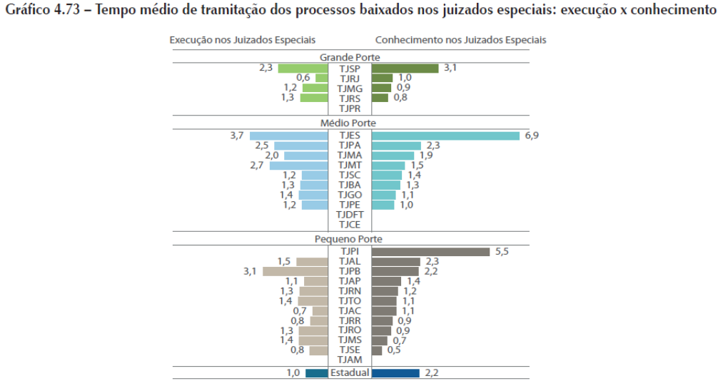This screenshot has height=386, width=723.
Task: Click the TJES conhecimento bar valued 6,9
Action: click(x=445, y=136)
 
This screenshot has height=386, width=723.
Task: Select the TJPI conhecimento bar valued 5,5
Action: click(x=430, y=252)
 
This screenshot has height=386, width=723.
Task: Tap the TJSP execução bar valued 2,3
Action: click(x=302, y=68)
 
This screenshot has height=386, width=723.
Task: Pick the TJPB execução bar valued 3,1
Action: click(x=295, y=271)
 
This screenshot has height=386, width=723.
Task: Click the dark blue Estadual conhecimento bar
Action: click(x=395, y=372)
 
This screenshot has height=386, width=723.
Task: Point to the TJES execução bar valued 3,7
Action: click(x=288, y=136)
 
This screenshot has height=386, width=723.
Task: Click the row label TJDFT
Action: click(x=350, y=215)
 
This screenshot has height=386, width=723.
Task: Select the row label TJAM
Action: click(x=350, y=360)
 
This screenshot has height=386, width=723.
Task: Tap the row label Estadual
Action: click(x=350, y=372)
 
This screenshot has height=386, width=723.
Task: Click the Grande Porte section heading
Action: click(x=350, y=57)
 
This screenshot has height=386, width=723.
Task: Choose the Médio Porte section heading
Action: click(x=350, y=123)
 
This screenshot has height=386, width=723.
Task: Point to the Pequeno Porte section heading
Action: click(x=350, y=240)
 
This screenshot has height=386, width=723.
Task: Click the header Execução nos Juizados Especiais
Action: click(x=242, y=40)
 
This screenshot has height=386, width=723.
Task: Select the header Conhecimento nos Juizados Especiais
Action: click(x=460, y=40)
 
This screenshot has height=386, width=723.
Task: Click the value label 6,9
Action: click(x=532, y=136)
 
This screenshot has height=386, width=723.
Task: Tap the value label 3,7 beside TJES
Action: click(x=237, y=136)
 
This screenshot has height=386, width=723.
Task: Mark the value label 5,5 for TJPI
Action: click(x=502, y=252)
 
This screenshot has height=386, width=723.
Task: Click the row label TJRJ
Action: click(x=350, y=78)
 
